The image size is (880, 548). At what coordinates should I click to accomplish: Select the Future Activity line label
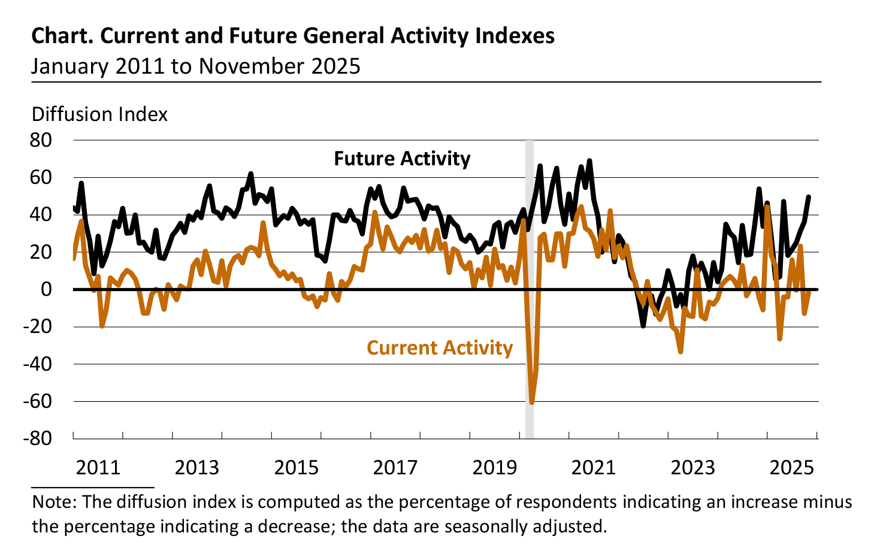(402, 159)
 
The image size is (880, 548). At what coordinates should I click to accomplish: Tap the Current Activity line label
(440, 348)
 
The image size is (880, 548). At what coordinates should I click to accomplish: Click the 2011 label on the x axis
(98, 467)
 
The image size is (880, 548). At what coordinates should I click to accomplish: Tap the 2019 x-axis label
(495, 467)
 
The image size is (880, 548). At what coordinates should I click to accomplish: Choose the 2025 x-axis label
(792, 467)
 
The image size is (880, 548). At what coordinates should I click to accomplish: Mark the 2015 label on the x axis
(297, 467)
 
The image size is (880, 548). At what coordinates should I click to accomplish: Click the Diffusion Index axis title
(99, 114)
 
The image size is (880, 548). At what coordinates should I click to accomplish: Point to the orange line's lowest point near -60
(531, 402)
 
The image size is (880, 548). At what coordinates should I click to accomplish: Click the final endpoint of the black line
(809, 197)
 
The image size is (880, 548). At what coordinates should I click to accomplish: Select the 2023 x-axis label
(692, 467)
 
